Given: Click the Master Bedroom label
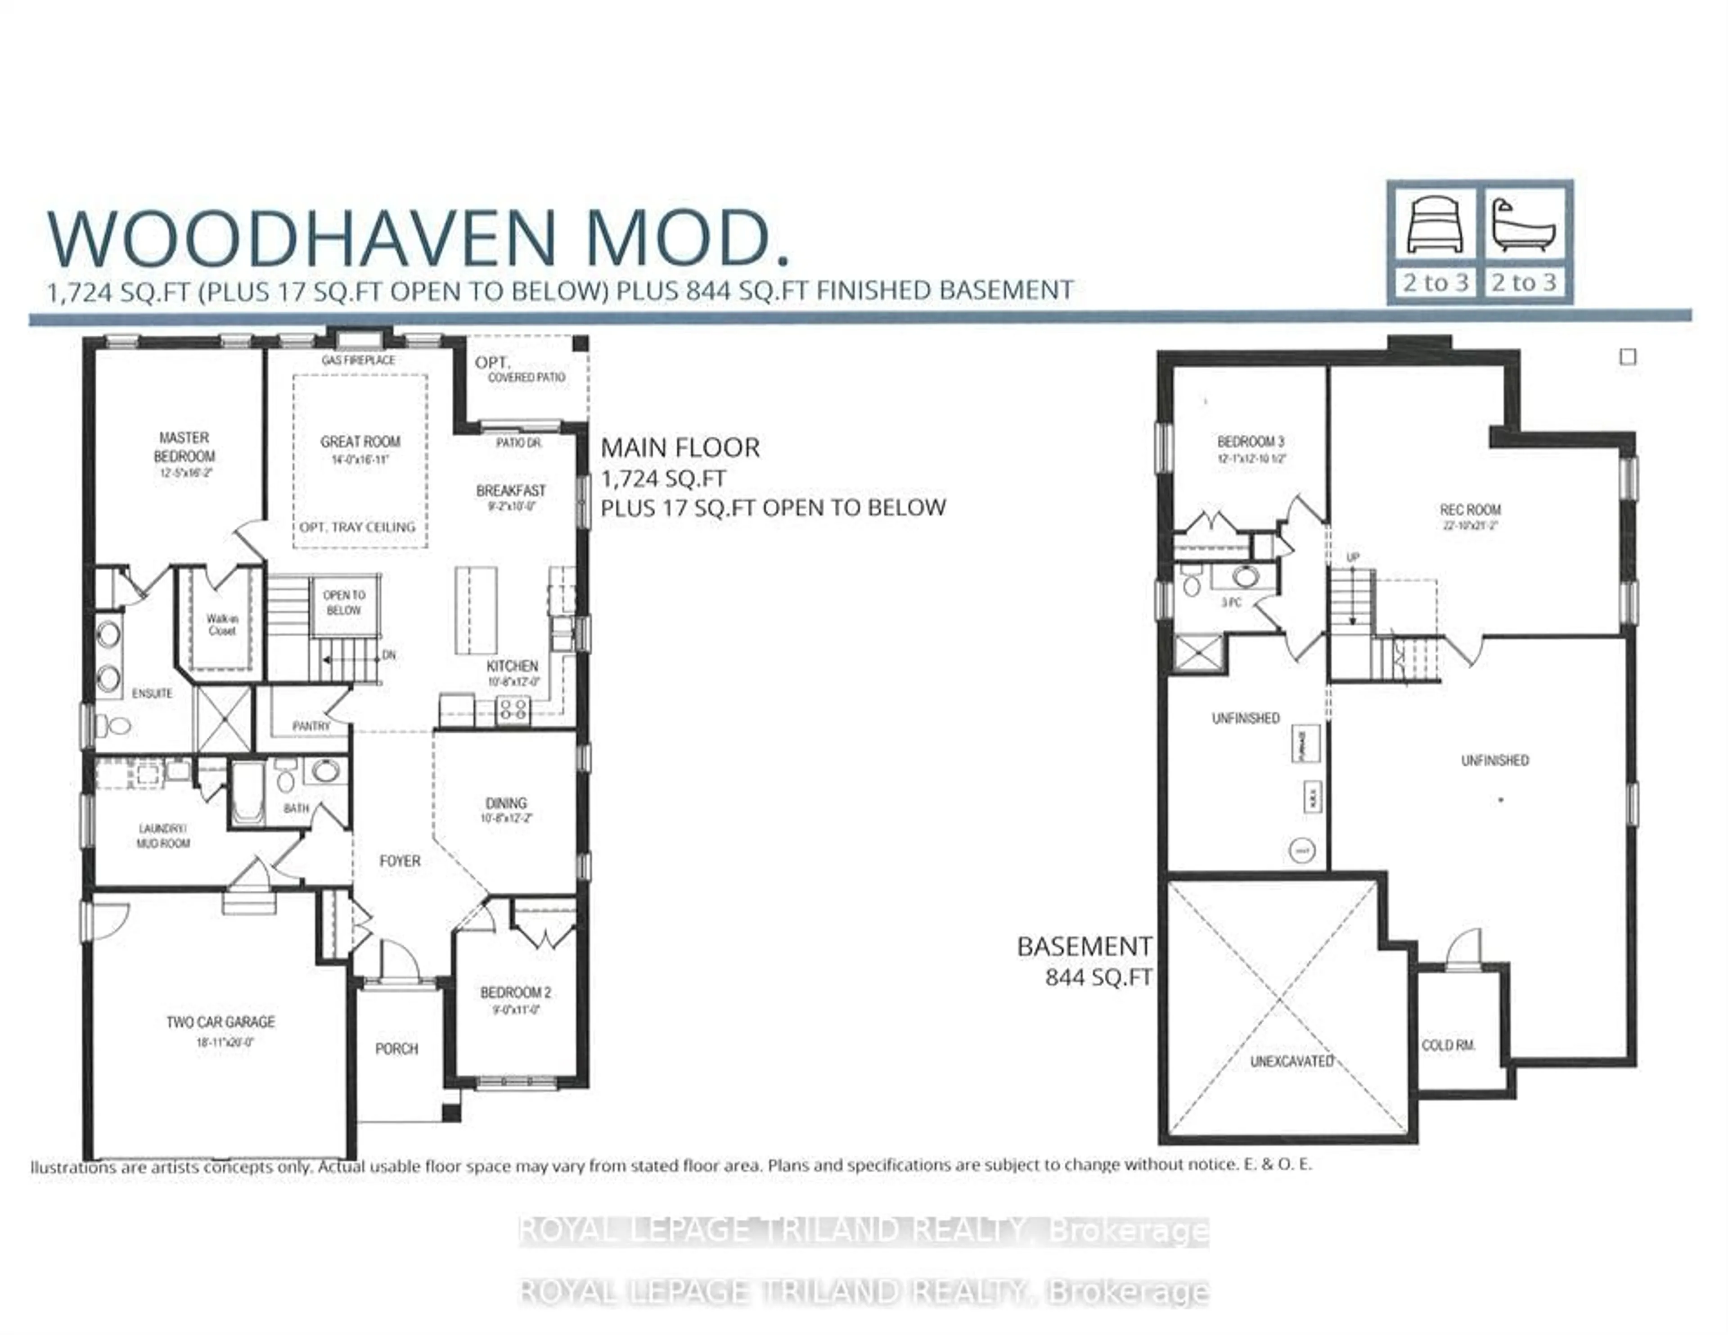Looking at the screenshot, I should click(x=184, y=447).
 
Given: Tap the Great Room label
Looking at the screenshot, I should click(x=360, y=442).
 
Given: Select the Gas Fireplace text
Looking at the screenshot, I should click(x=358, y=360).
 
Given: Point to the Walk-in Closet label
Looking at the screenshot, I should click(x=221, y=624).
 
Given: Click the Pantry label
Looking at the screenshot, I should click(x=311, y=726).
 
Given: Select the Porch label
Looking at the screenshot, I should click(x=396, y=1049).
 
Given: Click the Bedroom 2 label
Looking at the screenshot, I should click(x=515, y=992).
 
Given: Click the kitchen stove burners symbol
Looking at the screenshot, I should click(x=513, y=708).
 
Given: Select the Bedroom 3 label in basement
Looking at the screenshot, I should click(x=1250, y=442).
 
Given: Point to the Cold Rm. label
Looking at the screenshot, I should click(x=1448, y=1046).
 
